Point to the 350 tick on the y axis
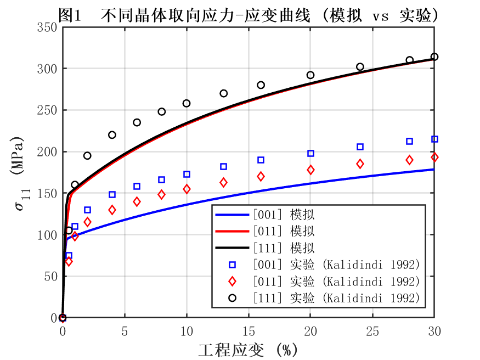tap(48, 27)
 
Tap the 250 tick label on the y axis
tap(48, 110)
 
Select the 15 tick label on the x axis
tap(249, 332)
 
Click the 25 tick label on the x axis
tap(372, 332)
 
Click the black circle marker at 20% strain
tap(310, 75)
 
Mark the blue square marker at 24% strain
tap(360, 147)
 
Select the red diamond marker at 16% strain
tap(261, 176)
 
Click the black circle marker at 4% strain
tap(112, 135)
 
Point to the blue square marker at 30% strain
tap(434, 139)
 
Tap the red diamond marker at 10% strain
tap(187, 189)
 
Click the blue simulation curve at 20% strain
tap(310, 183)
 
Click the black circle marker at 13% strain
tap(223, 93)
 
